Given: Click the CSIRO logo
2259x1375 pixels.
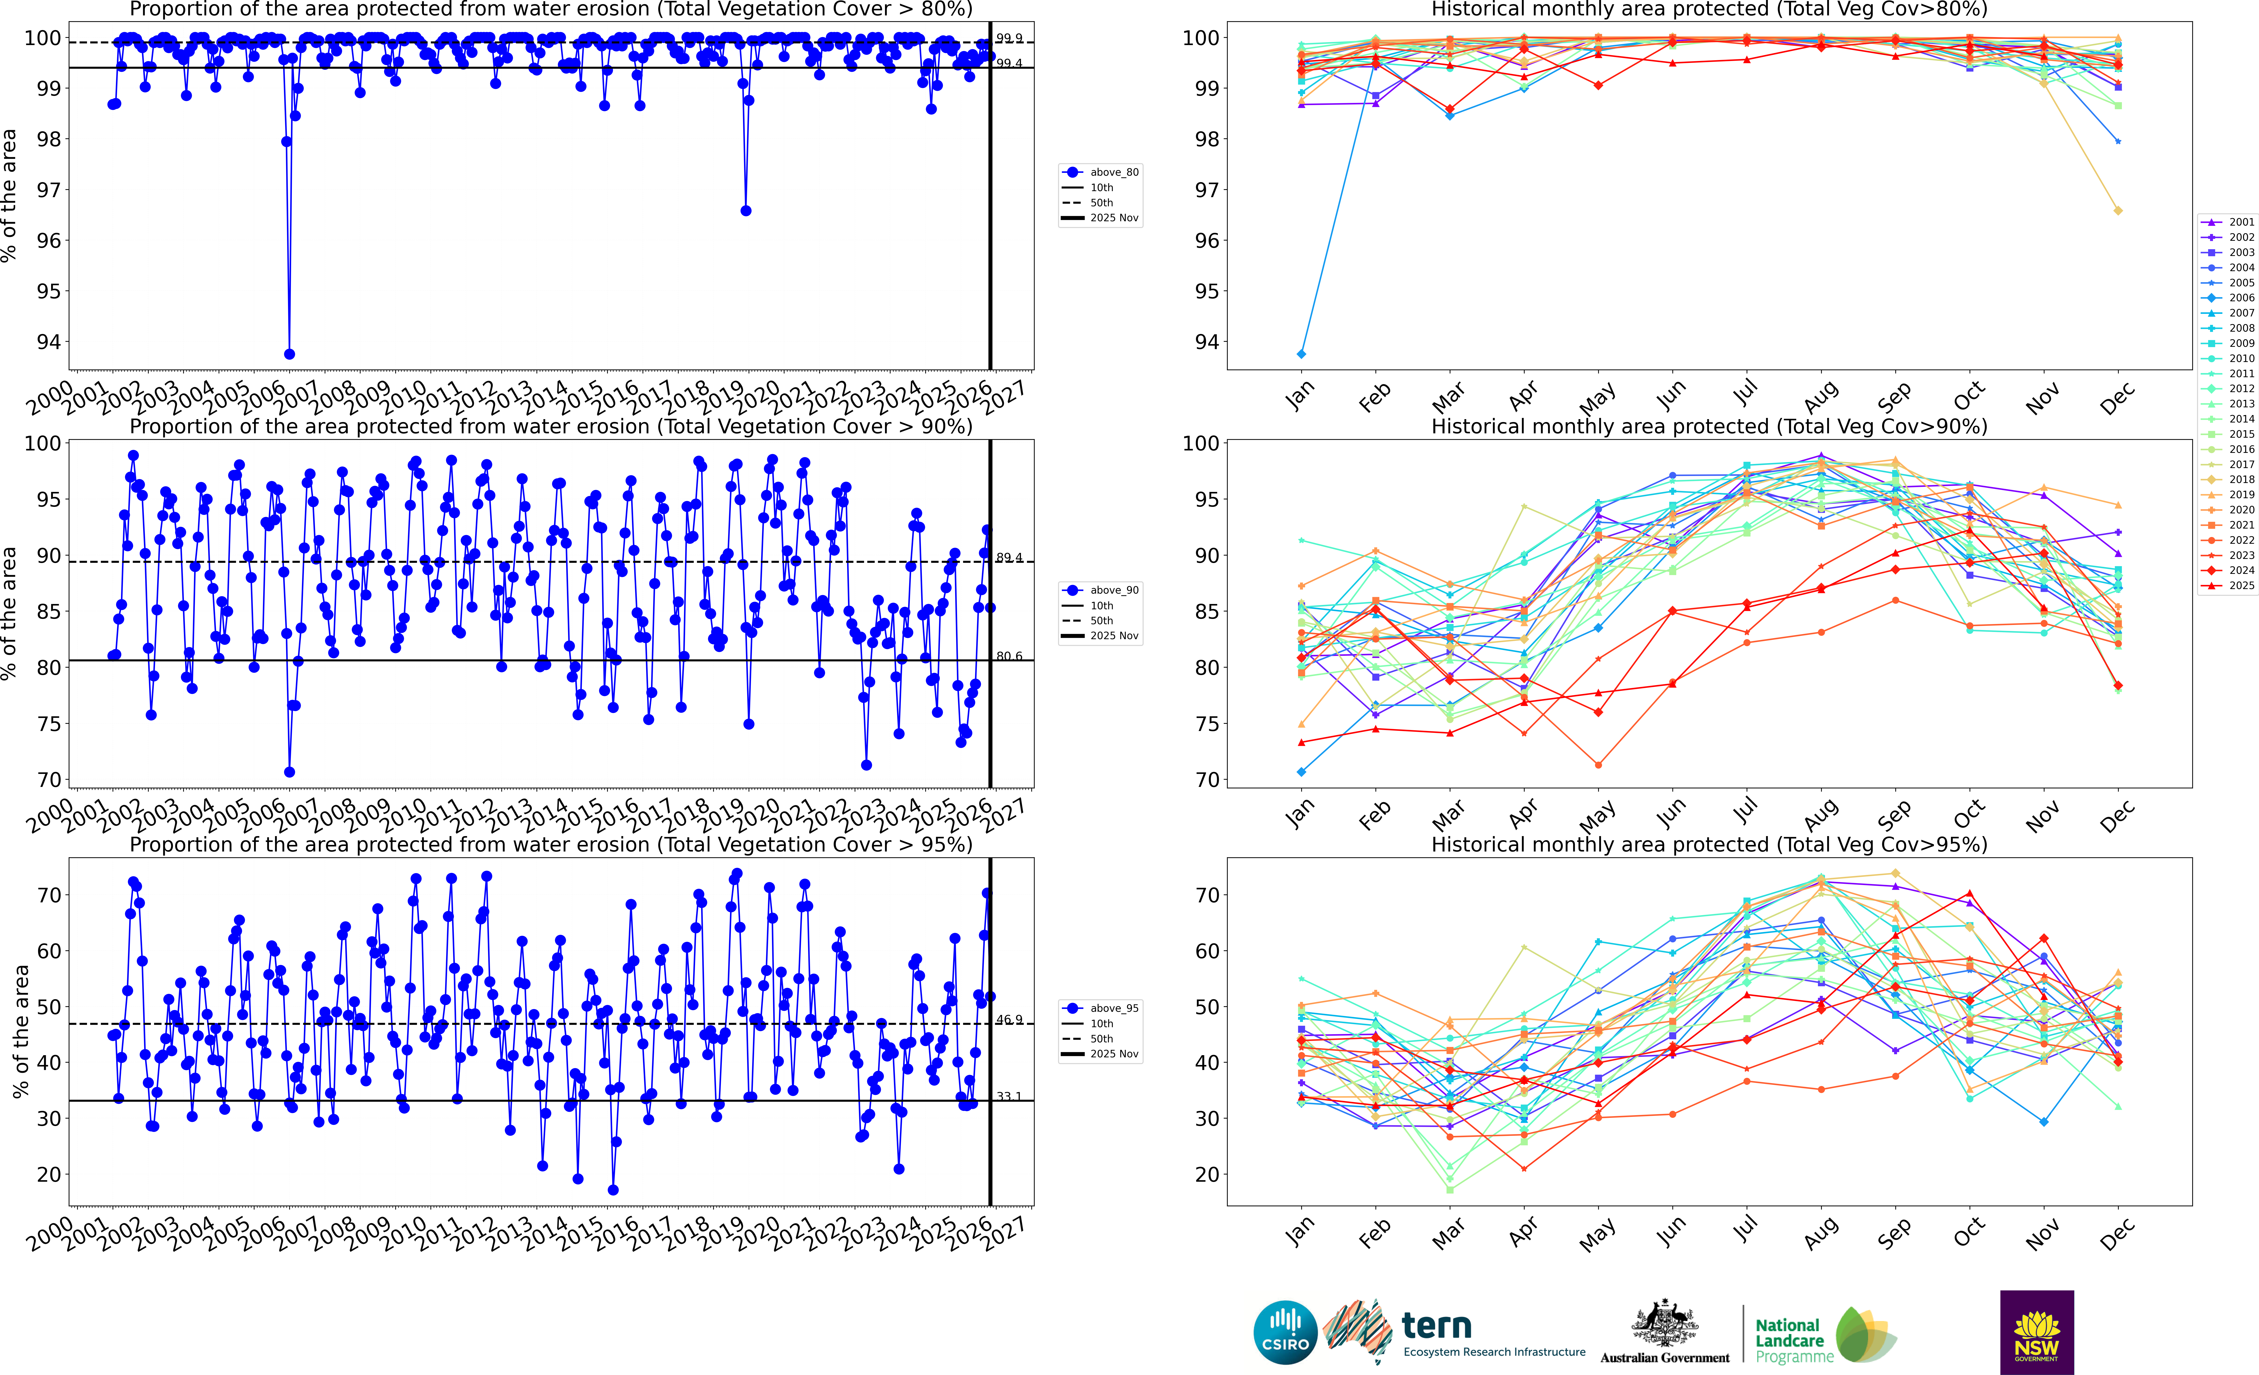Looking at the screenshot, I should click(x=1285, y=1332).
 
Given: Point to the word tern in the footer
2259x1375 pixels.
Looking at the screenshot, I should click(x=1437, y=1326).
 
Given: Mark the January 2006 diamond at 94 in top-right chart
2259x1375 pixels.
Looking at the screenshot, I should click(x=1301, y=354).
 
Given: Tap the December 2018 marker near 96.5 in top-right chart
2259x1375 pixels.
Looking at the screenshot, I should click(x=2118, y=211).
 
